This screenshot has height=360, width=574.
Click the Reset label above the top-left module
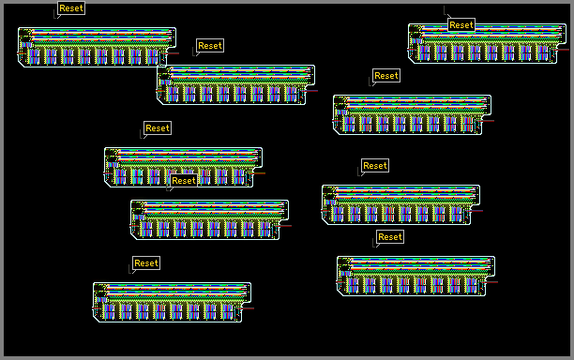click(x=71, y=8)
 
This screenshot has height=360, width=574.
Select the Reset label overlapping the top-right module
click(x=461, y=25)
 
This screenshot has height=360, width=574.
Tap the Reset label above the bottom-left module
click(x=146, y=263)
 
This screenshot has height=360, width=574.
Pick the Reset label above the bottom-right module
click(x=390, y=237)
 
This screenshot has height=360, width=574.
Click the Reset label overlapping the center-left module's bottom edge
click(x=184, y=180)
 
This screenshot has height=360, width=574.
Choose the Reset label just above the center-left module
click(x=158, y=128)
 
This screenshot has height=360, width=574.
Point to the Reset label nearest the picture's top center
click(x=210, y=46)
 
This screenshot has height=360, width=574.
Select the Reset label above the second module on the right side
click(x=386, y=76)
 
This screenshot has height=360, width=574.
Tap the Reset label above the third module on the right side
click(x=375, y=166)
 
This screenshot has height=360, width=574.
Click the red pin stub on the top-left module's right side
click(x=172, y=53)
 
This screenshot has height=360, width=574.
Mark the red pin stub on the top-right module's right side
click(x=562, y=50)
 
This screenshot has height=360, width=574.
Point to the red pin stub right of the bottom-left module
click(x=247, y=308)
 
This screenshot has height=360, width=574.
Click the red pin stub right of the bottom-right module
click(x=491, y=282)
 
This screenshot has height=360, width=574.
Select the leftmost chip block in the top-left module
click(x=34, y=56)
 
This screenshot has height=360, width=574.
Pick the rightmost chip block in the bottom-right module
click(x=472, y=285)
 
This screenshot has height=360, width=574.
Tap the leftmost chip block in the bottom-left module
click(x=109, y=311)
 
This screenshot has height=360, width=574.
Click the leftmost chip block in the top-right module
click(x=424, y=53)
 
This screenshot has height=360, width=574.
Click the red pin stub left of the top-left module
click(x=22, y=53)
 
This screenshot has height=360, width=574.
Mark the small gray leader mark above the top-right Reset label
click(x=446, y=11)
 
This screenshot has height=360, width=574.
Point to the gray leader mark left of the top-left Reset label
click(x=56, y=15)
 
